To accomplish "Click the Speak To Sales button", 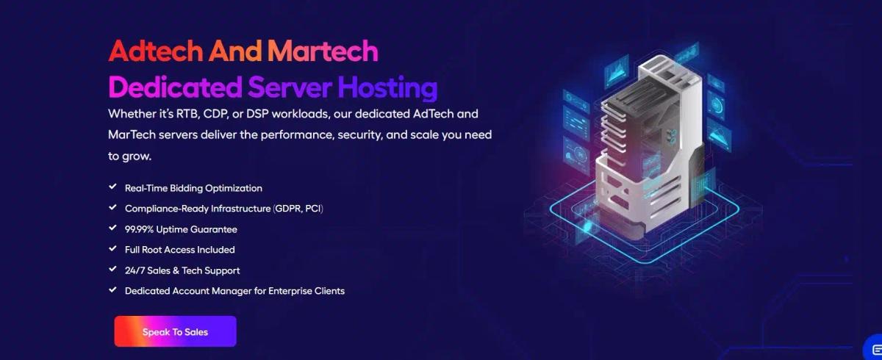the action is (x=175, y=331).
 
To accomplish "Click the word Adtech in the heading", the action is (x=156, y=51).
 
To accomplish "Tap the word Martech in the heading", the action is (x=323, y=51).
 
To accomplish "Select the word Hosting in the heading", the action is (x=387, y=87).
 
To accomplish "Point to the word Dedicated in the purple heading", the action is (x=175, y=87).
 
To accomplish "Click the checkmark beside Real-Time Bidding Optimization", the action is (x=112, y=187).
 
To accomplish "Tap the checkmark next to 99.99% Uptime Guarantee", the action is (x=112, y=228).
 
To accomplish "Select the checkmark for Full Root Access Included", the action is (x=112, y=248).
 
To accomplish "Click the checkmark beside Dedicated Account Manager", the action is (x=112, y=289).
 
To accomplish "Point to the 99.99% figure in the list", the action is (x=139, y=229).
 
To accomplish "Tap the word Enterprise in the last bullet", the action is (x=290, y=291).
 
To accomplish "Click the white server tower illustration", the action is (x=650, y=145).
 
